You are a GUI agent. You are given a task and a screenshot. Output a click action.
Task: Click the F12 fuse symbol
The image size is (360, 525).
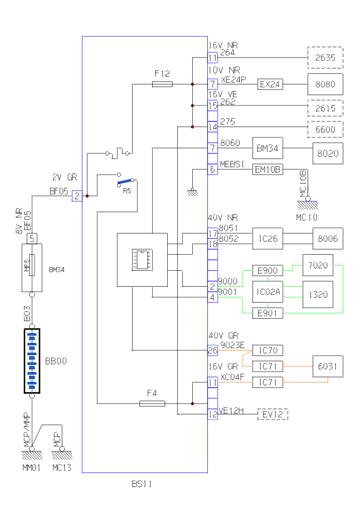click(163, 84)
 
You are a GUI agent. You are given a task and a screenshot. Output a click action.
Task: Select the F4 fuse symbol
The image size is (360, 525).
click(152, 404)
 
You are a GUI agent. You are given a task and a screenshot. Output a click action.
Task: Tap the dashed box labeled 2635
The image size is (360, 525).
click(325, 58)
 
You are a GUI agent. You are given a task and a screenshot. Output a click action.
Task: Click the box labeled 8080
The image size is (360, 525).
click(325, 84)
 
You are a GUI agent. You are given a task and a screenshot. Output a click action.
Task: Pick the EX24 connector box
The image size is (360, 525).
click(270, 84)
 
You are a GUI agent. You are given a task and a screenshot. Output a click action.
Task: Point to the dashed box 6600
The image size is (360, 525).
click(325, 129)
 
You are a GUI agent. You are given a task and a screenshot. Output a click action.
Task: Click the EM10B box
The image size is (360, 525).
click(267, 169)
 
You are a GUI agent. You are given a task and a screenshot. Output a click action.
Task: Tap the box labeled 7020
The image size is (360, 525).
click(318, 266)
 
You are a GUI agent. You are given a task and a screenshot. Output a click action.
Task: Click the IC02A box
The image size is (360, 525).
click(267, 292)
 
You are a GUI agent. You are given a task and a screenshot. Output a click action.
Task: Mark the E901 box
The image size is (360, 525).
click(267, 313)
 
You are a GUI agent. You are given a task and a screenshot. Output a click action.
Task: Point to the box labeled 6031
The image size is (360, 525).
click(328, 366)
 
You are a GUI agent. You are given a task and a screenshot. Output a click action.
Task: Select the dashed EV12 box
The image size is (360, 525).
click(273, 414)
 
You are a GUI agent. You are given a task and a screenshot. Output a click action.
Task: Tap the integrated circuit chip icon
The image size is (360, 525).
click(141, 259)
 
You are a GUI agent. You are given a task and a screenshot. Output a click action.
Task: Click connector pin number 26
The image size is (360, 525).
click(212, 351)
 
